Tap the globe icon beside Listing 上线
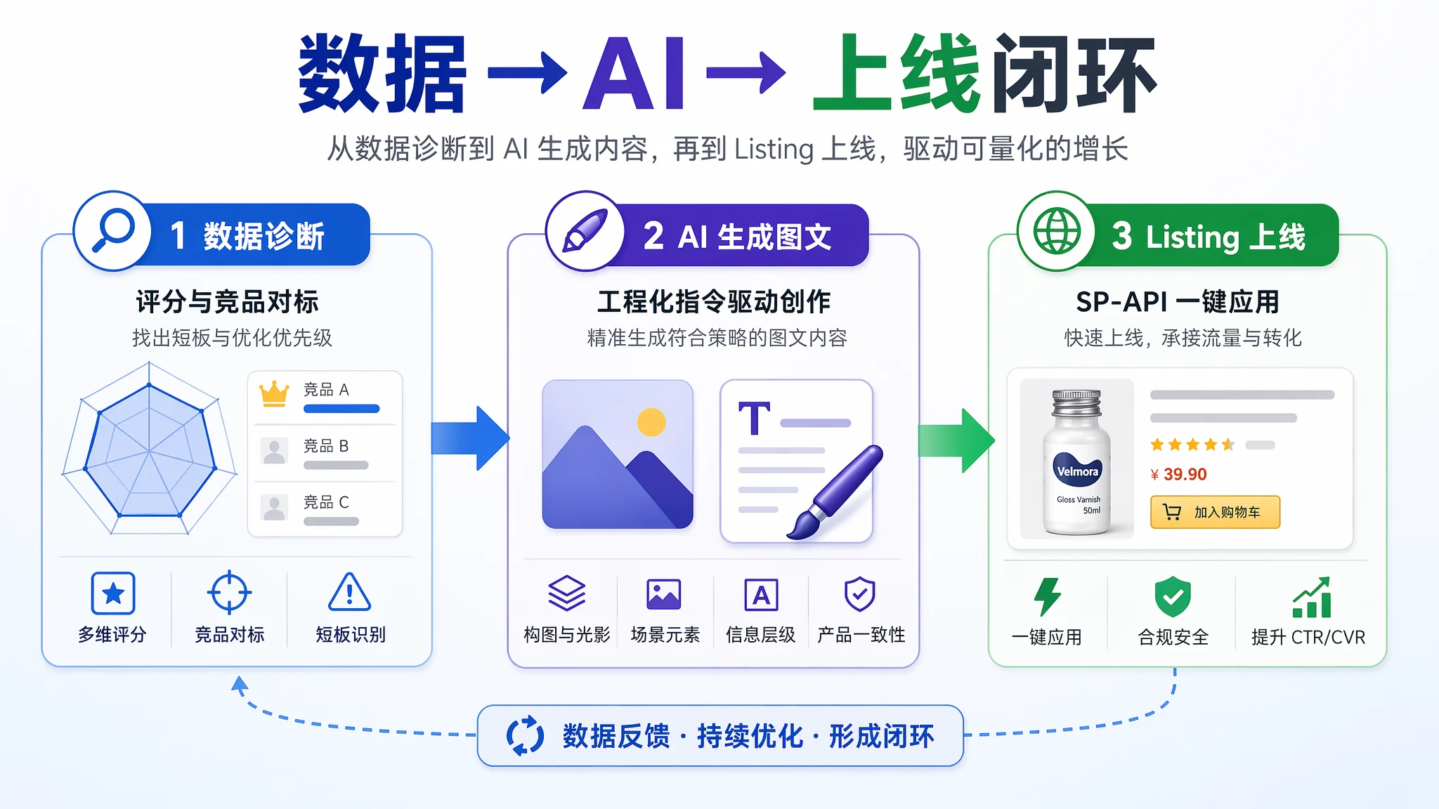[x=1056, y=231]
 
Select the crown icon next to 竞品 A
[x=274, y=394]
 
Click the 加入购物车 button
[x=1215, y=512]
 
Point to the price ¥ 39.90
[x=1178, y=475]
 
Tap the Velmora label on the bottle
[x=1078, y=471]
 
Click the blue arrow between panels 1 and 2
[x=470, y=438]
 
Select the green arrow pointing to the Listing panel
[x=956, y=440]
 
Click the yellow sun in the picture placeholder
[x=651, y=422]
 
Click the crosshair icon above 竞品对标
[x=229, y=593]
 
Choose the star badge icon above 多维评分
[x=113, y=593]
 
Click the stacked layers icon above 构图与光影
[x=566, y=593]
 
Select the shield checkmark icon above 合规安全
[x=1173, y=597]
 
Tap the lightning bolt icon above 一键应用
[x=1047, y=597]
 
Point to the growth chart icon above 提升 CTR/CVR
[x=1312, y=597]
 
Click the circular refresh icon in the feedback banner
[x=525, y=735]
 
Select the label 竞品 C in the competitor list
[x=326, y=502]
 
